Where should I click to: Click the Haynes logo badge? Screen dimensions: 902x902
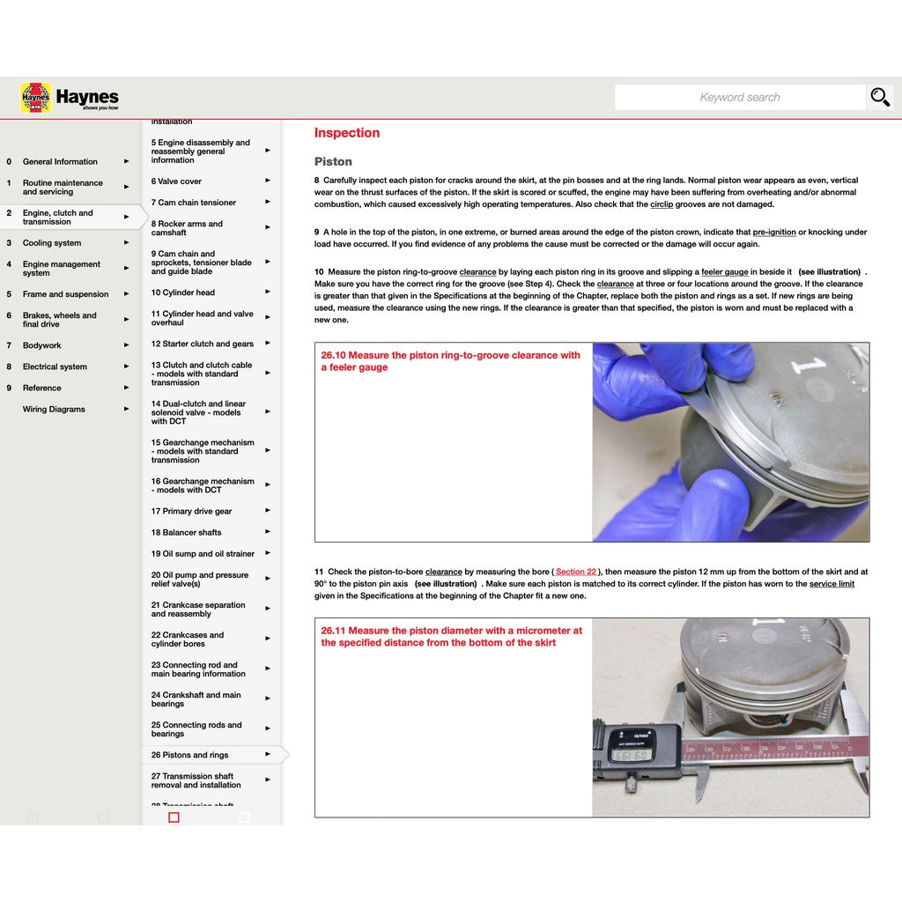(35, 98)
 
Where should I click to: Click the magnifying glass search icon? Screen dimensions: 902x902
(880, 97)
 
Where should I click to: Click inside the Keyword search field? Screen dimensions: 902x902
(740, 98)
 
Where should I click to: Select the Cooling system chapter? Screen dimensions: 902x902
(52, 243)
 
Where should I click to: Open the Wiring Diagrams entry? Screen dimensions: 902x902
(54, 410)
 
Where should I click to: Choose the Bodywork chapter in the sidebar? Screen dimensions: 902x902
(42, 346)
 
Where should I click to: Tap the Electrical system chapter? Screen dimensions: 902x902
(55, 367)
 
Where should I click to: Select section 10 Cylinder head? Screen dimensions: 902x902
(182, 293)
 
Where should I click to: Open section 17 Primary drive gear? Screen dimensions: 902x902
(191, 512)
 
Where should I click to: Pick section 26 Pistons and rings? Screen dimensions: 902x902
(189, 756)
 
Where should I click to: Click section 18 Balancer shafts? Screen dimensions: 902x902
(186, 533)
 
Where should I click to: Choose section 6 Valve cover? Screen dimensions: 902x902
(176, 182)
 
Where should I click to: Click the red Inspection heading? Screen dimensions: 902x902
(347, 133)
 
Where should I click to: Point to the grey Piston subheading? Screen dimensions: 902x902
(333, 162)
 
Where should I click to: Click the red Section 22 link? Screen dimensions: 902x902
(576, 573)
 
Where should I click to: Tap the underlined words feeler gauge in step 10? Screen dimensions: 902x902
(725, 272)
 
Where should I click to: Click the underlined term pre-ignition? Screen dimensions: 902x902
(774, 233)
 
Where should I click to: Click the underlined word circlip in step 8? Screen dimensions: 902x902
(662, 204)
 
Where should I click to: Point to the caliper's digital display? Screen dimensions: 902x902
(631, 755)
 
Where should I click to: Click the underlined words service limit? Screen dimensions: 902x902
(832, 584)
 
